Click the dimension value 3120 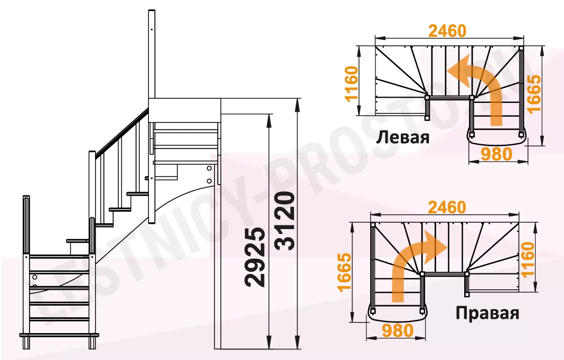(286, 221)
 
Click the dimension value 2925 (256, 257)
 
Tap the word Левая (403, 137)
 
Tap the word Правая (487, 313)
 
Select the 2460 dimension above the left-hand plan (447, 31)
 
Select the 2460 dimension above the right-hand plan (447, 207)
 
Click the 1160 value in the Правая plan (528, 259)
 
